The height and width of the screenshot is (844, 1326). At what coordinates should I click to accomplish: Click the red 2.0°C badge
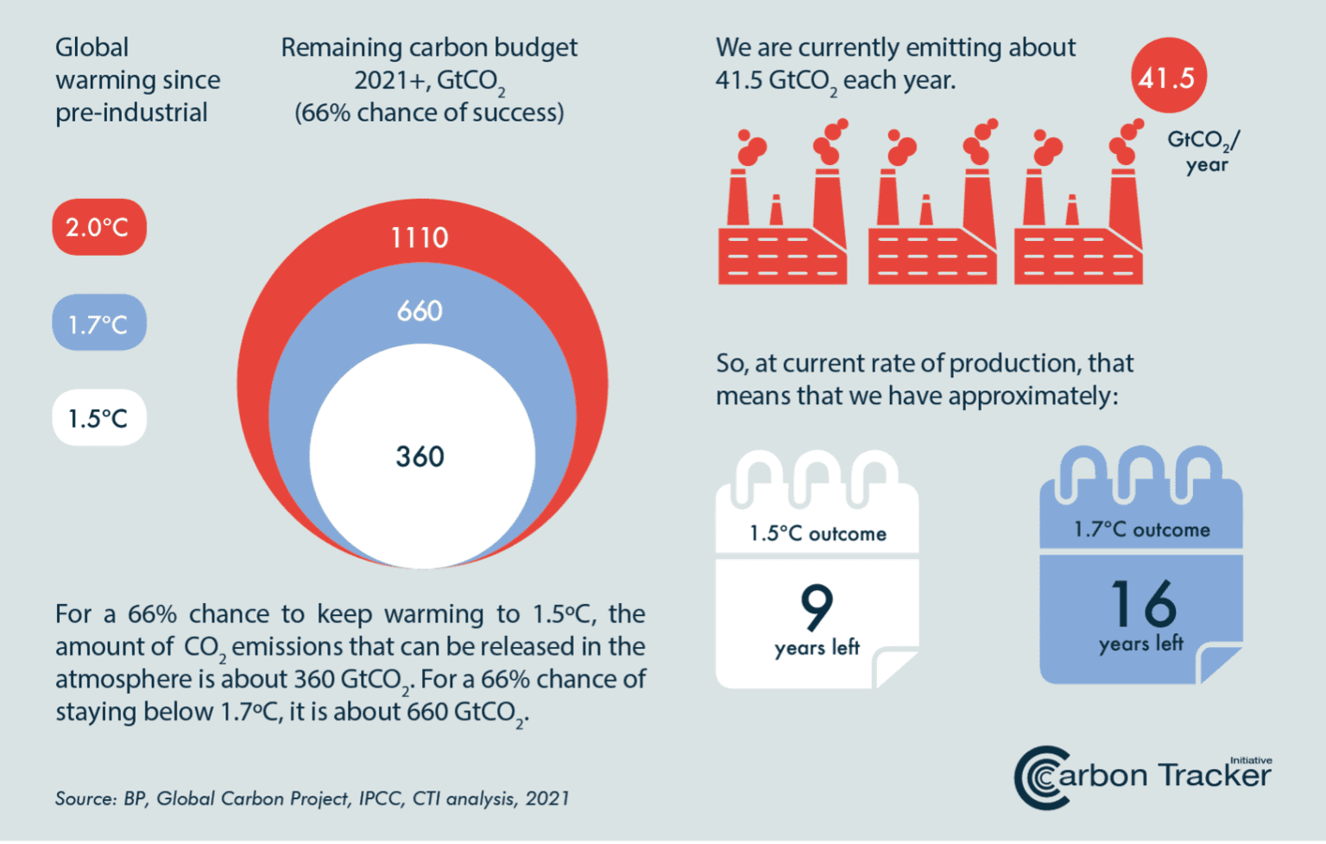tap(99, 227)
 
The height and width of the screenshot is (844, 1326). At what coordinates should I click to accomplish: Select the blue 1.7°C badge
tap(99, 323)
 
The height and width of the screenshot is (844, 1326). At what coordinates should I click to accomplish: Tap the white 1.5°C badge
tap(99, 418)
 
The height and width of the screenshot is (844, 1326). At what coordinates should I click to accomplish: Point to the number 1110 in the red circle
tap(420, 238)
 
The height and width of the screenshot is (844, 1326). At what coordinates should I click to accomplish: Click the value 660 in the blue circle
tap(420, 311)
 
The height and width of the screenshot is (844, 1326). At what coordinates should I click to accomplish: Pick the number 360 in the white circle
tap(420, 456)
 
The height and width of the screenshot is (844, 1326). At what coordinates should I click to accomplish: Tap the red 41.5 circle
tap(1167, 77)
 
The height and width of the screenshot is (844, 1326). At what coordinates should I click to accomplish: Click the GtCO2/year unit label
tap(1204, 150)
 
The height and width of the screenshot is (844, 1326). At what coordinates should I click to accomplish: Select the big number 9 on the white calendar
tap(817, 606)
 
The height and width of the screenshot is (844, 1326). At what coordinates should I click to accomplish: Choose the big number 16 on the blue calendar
tap(1142, 602)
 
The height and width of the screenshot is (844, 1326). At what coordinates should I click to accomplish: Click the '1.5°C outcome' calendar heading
tap(818, 534)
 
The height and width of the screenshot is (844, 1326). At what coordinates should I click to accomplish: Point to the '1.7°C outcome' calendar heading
tap(1141, 530)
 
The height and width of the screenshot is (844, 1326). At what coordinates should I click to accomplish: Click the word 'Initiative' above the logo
tap(1251, 760)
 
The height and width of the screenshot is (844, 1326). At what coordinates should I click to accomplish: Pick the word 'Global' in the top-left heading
tap(92, 48)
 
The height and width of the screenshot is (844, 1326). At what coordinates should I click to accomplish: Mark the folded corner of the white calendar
tap(894, 668)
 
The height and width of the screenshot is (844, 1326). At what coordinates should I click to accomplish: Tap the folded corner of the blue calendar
tap(1218, 663)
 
